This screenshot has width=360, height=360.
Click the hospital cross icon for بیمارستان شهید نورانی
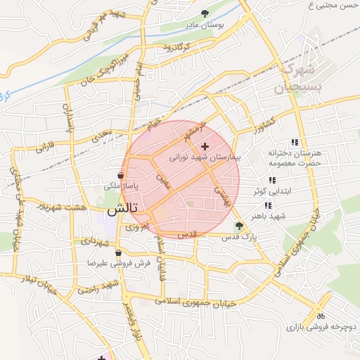(205, 147)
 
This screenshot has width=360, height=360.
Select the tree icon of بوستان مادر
(205, 13)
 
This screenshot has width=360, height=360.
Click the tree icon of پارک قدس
(240, 226)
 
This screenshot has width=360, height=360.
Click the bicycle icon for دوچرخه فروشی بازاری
(321, 316)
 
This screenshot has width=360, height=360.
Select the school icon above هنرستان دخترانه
(294, 141)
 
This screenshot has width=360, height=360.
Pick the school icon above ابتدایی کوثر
(272, 181)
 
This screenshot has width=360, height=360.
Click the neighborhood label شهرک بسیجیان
(295, 79)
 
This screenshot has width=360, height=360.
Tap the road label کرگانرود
(177, 46)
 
